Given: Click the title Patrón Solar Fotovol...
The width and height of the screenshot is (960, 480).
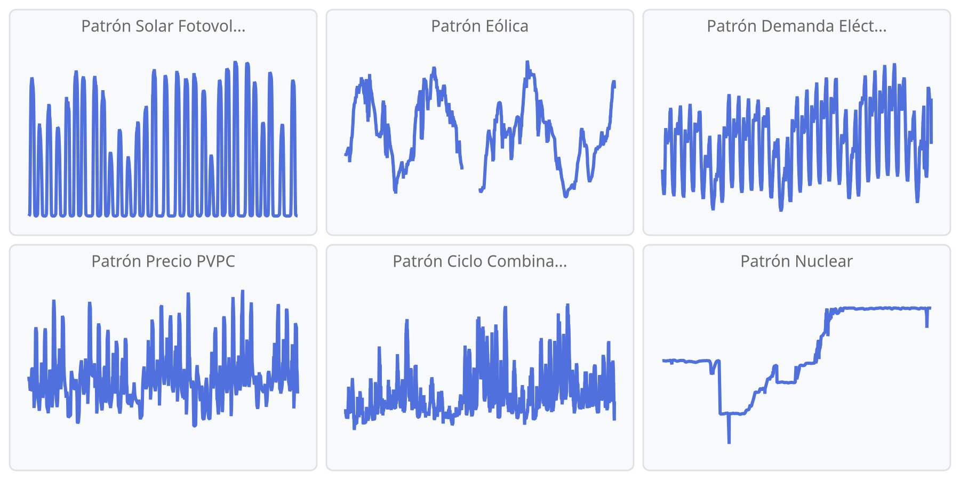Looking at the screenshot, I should click(163, 26).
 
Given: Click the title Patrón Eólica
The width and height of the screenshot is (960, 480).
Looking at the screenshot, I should click(479, 26).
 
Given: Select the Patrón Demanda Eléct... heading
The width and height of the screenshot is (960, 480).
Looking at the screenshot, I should click(796, 26).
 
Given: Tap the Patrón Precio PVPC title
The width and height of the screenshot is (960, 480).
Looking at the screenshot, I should click(163, 261).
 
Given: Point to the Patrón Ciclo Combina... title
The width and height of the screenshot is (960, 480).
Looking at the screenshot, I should click(479, 261).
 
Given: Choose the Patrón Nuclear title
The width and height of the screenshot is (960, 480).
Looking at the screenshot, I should click(796, 261).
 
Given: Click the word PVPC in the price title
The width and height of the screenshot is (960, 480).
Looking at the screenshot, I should click(215, 261).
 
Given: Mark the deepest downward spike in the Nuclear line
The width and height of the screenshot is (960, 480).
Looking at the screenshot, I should click(729, 442).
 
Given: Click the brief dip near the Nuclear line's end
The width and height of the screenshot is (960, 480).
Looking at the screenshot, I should click(927, 325).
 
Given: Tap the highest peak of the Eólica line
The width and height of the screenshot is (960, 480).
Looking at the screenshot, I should click(527, 62).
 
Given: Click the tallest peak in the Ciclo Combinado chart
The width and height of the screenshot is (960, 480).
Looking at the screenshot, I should click(568, 305).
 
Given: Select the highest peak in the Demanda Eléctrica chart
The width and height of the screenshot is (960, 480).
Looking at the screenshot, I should click(894, 65).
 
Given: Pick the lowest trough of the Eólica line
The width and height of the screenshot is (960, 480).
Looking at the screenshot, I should click(566, 196).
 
